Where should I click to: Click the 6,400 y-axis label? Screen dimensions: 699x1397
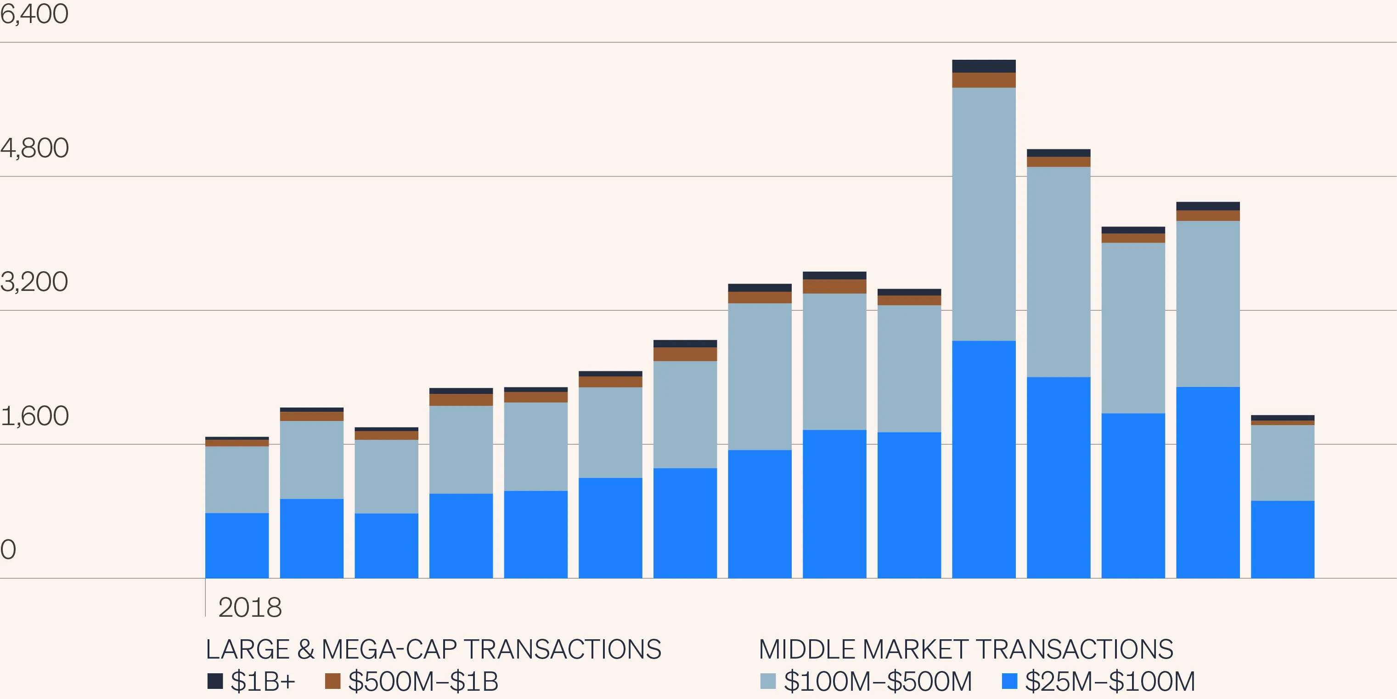coord(34,14)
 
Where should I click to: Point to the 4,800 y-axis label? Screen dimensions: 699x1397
coord(34,148)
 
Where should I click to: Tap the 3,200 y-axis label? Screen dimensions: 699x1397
coord(34,282)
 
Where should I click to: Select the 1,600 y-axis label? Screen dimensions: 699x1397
coord(34,416)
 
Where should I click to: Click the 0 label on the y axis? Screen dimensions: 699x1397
coord(8,550)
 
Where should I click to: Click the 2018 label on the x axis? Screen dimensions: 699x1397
coord(249,607)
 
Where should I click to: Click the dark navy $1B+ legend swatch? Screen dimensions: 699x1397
coord(215,681)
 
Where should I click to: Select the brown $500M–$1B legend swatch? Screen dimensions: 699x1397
coord(332,681)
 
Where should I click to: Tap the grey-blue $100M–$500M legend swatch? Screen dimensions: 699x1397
coord(768,681)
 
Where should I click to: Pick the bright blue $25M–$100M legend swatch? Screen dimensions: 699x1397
coord(1009,681)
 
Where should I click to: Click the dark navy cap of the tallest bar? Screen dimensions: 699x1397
coord(984,66)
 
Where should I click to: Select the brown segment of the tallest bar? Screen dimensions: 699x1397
coord(984,80)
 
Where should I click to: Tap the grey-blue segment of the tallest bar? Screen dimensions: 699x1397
coord(984,214)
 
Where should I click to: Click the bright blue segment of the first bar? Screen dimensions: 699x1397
coord(237,546)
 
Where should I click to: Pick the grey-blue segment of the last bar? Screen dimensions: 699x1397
coord(1283,462)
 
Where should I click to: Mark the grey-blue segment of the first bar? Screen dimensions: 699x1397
coord(237,479)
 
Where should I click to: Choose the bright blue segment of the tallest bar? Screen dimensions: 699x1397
coord(984,459)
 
